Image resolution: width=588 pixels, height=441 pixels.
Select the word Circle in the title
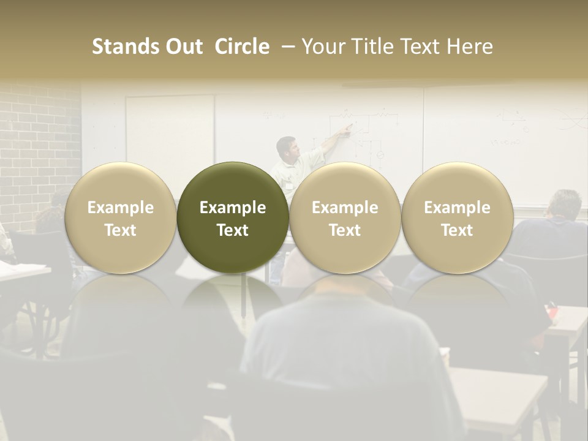242,47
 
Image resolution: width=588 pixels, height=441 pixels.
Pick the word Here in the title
470,47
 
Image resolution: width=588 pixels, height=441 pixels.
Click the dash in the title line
287,47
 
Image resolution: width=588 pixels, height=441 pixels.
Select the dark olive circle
233,217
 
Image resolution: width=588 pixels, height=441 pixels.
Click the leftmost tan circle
120,217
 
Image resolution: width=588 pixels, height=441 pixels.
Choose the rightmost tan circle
457,217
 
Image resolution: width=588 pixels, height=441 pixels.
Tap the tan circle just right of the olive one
345,217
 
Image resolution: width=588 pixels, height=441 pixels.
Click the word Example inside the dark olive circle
233,208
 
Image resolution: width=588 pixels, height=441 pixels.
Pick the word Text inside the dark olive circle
233,230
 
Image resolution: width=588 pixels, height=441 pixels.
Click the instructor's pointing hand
349,128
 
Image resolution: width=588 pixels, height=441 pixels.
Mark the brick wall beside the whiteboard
37,141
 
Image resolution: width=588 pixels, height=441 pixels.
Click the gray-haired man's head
565,205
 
